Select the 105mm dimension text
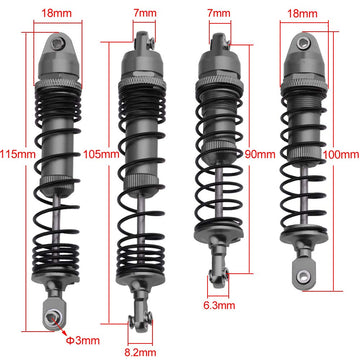[x=101, y=155]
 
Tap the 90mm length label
[x=260, y=155]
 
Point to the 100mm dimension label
[x=341, y=155]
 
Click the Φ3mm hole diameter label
[x=82, y=340]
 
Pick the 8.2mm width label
[x=140, y=352]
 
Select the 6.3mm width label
[x=219, y=305]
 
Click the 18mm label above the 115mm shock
[x=56, y=13]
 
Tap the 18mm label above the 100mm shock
[x=302, y=13]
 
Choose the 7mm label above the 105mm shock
[x=144, y=13]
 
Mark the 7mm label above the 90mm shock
[x=219, y=13]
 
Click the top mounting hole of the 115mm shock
[x=58, y=42]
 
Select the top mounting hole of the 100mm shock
[x=303, y=42]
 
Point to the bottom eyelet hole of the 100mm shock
[x=303, y=275]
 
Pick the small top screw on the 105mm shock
[x=151, y=42]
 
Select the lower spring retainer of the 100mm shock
[x=303, y=236]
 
